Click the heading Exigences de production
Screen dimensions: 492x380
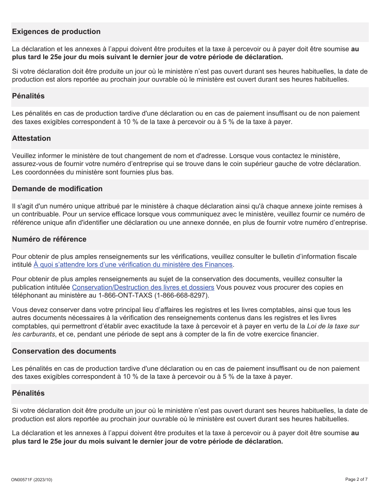click(56, 32)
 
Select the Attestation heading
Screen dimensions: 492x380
click(31, 138)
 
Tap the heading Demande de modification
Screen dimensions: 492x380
click(57, 189)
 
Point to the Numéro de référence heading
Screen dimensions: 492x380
click(49, 239)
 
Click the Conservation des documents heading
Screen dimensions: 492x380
click(64, 351)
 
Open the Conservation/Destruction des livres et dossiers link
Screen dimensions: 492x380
click(143, 287)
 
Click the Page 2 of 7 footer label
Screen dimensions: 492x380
click(356, 479)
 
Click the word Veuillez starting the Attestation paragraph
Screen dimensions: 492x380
click(24, 155)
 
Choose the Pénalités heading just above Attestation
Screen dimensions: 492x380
click(28, 96)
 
